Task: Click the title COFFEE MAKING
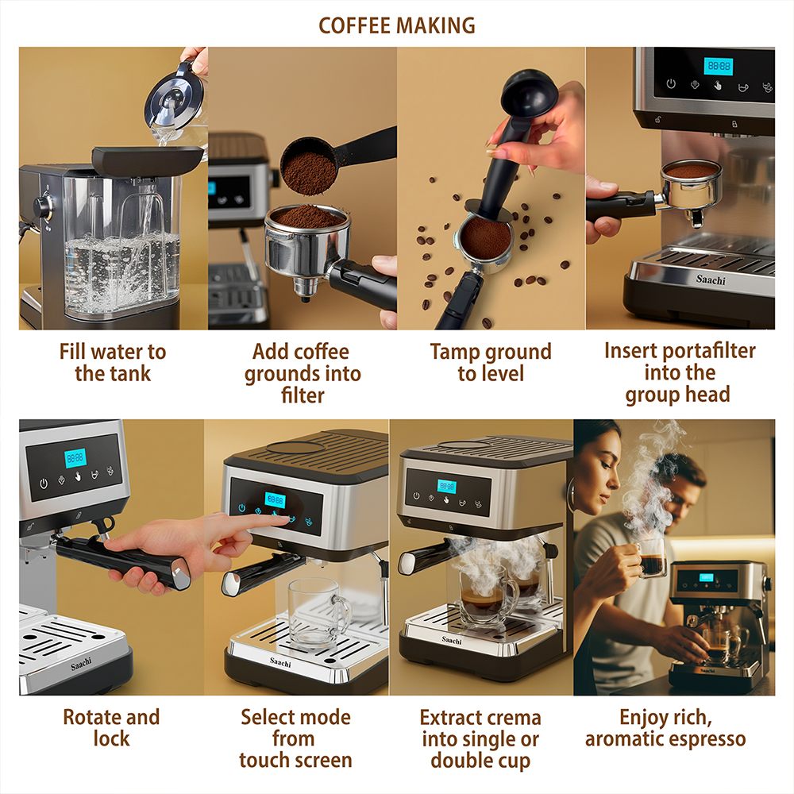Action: (396, 25)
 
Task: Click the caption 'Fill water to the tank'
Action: (113, 363)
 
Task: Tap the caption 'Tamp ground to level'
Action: (491, 363)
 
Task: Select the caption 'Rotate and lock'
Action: (111, 727)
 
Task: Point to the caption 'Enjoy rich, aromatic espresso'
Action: (665, 727)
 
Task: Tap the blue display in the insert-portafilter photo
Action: (719, 66)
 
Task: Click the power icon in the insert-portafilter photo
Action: (671, 83)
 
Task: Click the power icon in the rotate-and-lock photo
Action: (44, 484)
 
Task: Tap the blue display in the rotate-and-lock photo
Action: (75, 458)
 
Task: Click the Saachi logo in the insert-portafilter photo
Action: (711, 279)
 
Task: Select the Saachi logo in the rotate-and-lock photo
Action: (81, 664)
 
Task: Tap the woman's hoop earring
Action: (572, 493)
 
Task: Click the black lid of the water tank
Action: (148, 160)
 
